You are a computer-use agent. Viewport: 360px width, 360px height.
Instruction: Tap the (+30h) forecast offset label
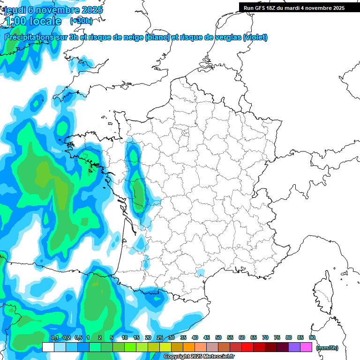(81, 21)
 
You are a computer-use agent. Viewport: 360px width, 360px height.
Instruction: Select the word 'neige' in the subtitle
(133, 37)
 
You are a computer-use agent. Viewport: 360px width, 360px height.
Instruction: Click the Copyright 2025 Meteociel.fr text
(199, 357)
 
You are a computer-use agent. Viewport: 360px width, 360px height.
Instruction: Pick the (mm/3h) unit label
(327, 348)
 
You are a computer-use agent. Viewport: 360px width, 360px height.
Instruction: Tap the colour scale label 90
(312, 337)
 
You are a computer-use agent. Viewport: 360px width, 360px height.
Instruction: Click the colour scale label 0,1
(54, 337)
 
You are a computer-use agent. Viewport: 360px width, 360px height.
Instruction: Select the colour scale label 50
(218, 337)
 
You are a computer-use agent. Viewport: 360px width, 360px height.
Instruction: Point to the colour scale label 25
(160, 337)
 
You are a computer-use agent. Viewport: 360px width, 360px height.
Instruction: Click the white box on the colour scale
(48, 347)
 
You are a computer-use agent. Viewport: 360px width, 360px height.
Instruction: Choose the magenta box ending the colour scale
(306, 347)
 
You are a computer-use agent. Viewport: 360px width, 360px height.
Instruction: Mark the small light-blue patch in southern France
(201, 272)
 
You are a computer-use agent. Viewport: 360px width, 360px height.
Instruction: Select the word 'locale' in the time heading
(45, 21)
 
